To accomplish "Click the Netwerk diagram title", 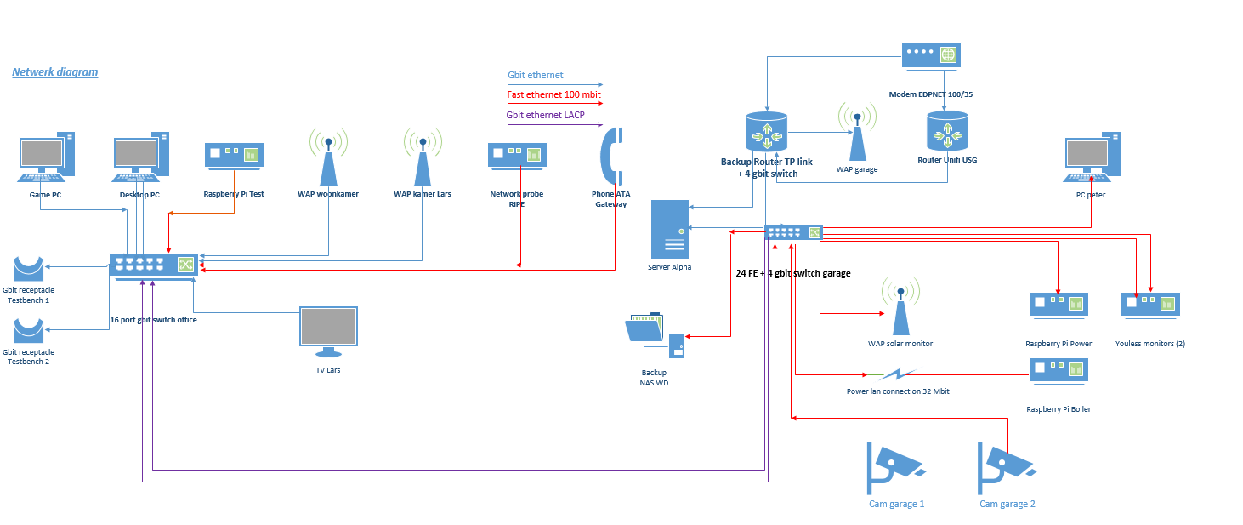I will coord(55,72).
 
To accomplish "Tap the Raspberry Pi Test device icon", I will coord(233,155).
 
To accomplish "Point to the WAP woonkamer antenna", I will coord(327,157).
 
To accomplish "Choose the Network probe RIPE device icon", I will coord(516,155).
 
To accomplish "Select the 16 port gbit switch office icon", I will coord(153,265).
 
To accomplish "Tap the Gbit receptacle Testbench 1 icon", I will coord(28,268).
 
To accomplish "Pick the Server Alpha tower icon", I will coord(669,230).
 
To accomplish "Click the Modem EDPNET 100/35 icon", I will coord(931,55).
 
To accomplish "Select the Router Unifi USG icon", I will coord(946,131).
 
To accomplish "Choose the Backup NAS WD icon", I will coord(655,336).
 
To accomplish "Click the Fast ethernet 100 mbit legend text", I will coord(554,94).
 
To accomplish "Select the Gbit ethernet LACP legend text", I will coord(545,115).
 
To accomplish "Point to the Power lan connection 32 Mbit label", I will coord(898,391).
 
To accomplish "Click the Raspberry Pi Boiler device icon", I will coord(1059,370).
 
